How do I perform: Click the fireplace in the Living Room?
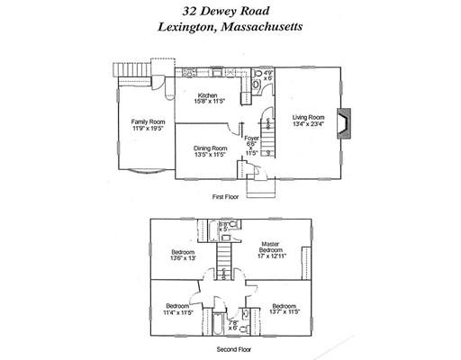click(x=342, y=121)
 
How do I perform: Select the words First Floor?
click(x=230, y=196)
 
